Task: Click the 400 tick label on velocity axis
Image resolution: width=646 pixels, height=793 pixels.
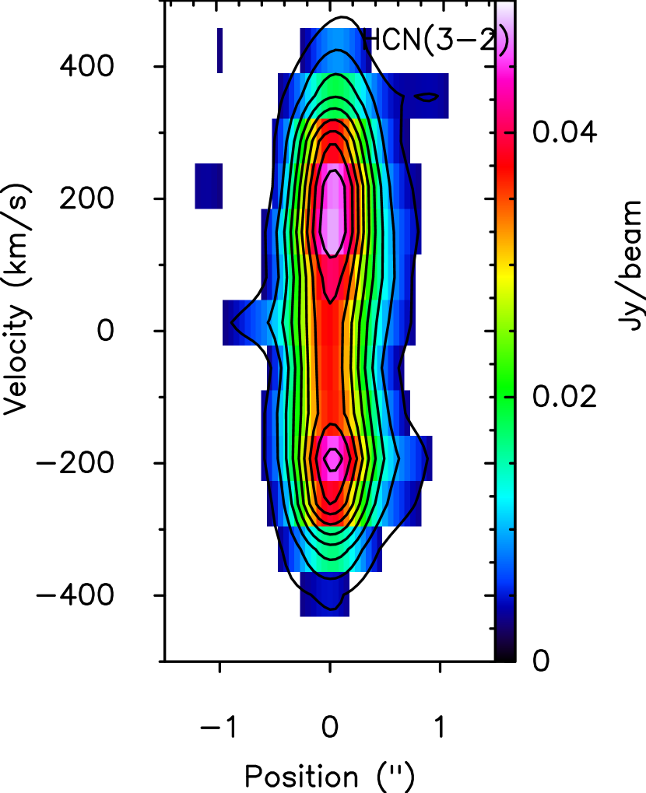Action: pos(86,66)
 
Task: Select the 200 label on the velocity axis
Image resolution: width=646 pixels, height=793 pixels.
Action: pos(86,198)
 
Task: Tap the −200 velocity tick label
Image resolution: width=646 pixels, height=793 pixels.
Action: pos(75,463)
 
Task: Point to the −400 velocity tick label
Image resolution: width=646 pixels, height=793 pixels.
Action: pos(75,595)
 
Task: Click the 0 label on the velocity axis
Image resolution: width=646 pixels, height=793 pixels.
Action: pos(106,331)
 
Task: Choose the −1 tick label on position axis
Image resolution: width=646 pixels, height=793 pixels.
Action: pos(219,728)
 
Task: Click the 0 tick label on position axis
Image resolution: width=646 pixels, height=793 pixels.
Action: pos(330,728)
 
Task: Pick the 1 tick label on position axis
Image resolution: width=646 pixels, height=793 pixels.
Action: pos(440,728)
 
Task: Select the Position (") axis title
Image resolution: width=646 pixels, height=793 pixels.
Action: pos(329,776)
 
